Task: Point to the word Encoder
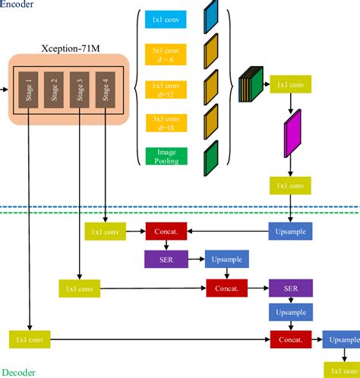tap(17, 5)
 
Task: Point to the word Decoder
tap(17, 372)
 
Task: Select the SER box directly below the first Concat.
tap(165, 259)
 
